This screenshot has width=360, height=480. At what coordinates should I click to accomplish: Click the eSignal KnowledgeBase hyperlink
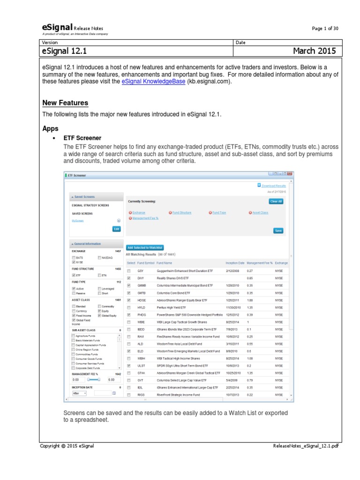point(153,81)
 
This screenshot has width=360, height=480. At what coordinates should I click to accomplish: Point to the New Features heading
point(65,103)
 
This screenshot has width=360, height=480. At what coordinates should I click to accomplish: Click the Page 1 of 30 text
point(325,29)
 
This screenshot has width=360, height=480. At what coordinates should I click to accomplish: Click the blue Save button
point(278,231)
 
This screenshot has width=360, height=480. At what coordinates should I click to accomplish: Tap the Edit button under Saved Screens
point(116,229)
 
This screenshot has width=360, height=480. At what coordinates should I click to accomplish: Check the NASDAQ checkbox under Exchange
point(99,257)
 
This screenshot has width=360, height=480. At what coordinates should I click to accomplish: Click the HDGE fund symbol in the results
point(141,300)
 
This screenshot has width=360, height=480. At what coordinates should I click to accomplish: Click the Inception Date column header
point(235,263)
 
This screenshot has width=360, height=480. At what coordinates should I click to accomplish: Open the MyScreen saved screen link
point(77,220)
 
